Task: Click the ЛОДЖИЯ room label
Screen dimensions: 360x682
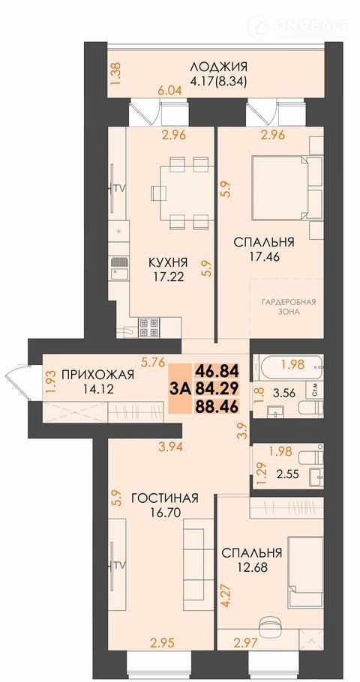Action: point(218,67)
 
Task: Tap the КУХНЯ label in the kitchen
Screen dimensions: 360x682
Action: point(168,262)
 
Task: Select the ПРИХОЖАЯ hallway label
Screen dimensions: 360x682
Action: point(97,375)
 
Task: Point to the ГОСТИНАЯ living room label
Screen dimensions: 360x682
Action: point(164,498)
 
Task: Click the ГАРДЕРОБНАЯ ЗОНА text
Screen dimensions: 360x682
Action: point(288,307)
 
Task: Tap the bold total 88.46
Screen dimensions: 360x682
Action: point(217,406)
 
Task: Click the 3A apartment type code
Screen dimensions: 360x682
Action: point(180,388)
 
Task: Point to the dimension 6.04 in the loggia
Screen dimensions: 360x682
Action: point(170,91)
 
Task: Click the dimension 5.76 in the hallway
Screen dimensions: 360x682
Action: point(151,360)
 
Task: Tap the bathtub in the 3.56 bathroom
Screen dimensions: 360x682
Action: point(289,366)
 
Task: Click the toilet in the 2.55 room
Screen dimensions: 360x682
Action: point(310,458)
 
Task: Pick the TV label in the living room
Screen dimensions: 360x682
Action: point(119,565)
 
